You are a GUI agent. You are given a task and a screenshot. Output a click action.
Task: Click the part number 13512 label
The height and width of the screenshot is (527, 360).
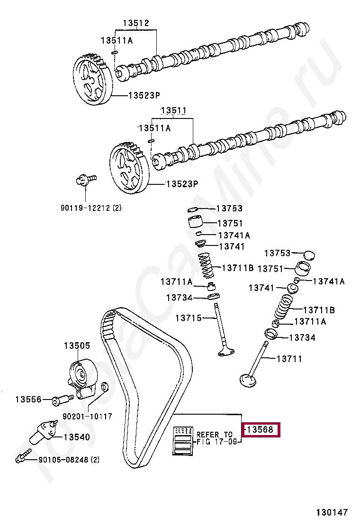(x=136, y=23)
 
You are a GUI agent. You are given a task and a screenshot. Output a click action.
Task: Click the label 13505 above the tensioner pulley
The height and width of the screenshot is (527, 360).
(x=77, y=346)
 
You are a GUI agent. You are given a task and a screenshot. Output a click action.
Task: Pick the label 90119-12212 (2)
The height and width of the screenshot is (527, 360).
(x=90, y=208)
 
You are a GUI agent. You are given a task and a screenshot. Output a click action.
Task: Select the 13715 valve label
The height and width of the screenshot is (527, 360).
(x=189, y=318)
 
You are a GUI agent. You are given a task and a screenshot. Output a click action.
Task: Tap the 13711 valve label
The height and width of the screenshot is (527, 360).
(x=289, y=359)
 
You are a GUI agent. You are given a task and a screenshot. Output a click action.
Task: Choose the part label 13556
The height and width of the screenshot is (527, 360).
(x=28, y=400)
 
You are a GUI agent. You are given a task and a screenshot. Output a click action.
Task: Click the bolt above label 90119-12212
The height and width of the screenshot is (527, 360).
(x=84, y=180)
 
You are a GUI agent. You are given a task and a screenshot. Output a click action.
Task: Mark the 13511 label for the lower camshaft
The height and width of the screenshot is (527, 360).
(x=173, y=111)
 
